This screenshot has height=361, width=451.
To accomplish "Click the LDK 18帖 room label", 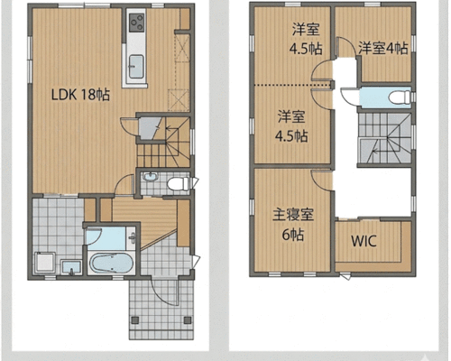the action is point(80,95).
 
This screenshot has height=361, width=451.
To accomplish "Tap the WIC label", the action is point(364,241).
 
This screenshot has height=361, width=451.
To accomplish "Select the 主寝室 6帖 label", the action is point(293,225).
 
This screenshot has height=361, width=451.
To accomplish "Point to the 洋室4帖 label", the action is point(383,48).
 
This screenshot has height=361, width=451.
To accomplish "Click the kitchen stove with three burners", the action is point(136,23).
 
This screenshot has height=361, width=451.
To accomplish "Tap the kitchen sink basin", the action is point(136,67).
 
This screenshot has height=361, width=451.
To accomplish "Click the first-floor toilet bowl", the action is point(178,183).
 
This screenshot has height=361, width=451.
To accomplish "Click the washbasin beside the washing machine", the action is point(71,267).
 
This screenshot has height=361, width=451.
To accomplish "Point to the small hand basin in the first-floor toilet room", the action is point(150,177).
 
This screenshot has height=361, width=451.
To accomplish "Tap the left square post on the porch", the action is point(135,319).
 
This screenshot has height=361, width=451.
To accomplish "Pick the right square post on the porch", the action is point(188,319).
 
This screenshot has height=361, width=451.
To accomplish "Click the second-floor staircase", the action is point(385,138).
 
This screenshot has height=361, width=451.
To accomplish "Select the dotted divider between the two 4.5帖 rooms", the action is point(293,85).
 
